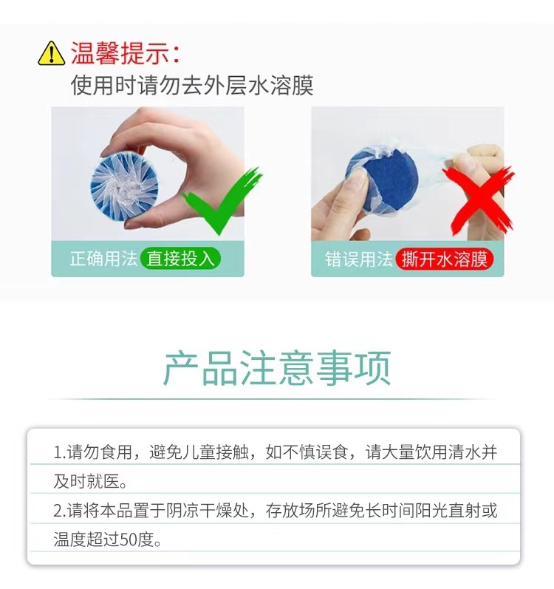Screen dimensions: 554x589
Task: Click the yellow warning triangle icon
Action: click(x=52, y=54)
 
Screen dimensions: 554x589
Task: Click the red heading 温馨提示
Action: click(x=120, y=53)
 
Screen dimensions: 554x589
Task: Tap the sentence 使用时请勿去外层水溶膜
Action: click(x=192, y=85)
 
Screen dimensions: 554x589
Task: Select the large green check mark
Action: click(x=222, y=200)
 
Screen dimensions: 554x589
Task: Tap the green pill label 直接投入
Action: click(x=180, y=259)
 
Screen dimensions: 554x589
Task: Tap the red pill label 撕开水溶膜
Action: click(x=445, y=259)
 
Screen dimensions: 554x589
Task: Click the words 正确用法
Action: click(x=103, y=259)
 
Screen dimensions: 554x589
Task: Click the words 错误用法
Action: click(x=359, y=259)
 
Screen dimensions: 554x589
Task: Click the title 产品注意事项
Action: click(x=277, y=368)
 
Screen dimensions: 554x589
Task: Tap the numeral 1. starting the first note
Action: click(x=60, y=452)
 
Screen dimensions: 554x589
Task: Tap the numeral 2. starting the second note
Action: click(x=60, y=511)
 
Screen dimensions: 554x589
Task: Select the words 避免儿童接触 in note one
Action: click(x=199, y=452)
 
